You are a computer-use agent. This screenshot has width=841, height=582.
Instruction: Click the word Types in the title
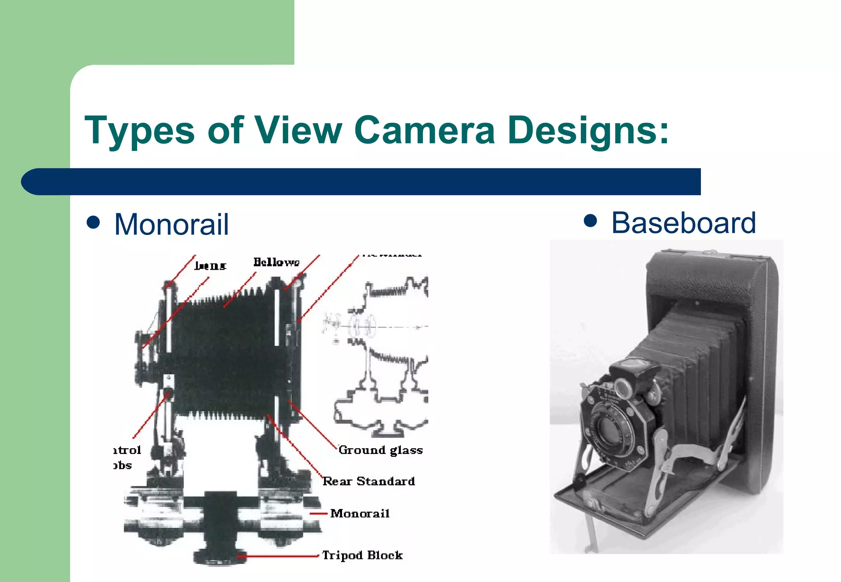pos(139,131)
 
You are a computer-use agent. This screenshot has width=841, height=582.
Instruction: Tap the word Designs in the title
pos(583,131)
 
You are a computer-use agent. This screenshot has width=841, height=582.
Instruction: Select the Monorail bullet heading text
pos(171,225)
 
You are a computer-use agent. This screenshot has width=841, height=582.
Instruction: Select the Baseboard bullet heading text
pos(683,223)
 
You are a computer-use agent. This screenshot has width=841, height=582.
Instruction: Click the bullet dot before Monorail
pos(94,222)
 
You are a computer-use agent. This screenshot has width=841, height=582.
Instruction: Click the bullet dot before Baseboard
pos(590,221)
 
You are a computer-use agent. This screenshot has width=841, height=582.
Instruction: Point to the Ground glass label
pos(381,450)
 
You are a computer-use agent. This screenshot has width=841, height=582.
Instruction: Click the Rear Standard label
pos(369,481)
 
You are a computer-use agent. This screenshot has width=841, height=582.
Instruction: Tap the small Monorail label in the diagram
pos(360,513)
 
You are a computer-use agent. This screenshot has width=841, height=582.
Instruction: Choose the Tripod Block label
pos(362,555)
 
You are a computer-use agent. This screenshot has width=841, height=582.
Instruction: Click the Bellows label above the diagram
pos(276,262)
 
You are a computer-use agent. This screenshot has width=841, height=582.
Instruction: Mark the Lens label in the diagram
pos(210,266)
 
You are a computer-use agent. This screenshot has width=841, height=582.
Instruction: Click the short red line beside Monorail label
pos(318,513)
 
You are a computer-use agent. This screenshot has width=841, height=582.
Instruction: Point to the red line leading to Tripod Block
pos(279,556)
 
